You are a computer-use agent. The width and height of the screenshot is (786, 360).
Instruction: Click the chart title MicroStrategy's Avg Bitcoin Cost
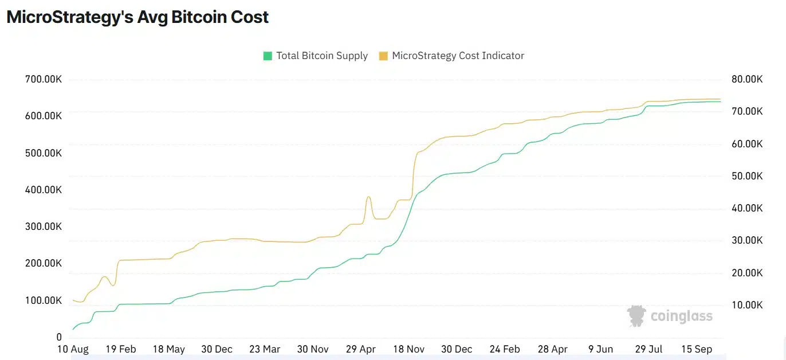pyautogui.click(x=137, y=17)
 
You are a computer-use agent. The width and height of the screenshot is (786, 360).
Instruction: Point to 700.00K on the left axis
pyautogui.click(x=44, y=79)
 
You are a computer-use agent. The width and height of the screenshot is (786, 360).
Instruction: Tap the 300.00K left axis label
pyautogui.click(x=44, y=226)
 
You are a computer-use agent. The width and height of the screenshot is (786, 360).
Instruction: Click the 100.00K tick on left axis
pyautogui.click(x=44, y=300)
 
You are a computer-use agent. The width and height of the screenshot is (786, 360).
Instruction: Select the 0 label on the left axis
pyautogui.click(x=59, y=337)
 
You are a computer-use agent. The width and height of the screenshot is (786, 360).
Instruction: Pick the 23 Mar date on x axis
pyautogui.click(x=264, y=349)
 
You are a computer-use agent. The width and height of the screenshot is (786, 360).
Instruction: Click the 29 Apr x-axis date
pyautogui.click(x=361, y=349)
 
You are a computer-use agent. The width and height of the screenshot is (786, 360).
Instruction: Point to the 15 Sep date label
pyautogui.click(x=695, y=349)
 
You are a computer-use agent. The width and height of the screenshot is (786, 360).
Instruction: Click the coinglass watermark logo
pyautogui.click(x=670, y=316)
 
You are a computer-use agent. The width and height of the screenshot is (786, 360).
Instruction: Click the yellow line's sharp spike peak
pyautogui.click(x=368, y=197)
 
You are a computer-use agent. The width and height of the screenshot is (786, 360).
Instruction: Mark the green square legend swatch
pyautogui.click(x=268, y=56)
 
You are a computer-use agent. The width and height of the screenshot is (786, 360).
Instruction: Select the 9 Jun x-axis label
pyautogui.click(x=600, y=349)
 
